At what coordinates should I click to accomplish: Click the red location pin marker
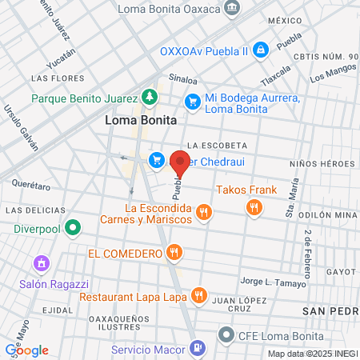180,166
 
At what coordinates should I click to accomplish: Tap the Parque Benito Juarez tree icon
149,98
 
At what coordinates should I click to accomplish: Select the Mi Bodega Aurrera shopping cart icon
192,102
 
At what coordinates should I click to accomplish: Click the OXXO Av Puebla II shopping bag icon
260,50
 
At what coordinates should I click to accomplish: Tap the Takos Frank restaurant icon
254,207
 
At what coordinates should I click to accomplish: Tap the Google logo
26,350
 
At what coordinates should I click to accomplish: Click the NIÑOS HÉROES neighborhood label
322,163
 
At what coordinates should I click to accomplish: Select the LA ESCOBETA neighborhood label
214,145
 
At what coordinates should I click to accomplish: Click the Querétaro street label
32,185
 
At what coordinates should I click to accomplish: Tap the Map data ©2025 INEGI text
312,354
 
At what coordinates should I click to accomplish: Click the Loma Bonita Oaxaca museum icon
231,9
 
